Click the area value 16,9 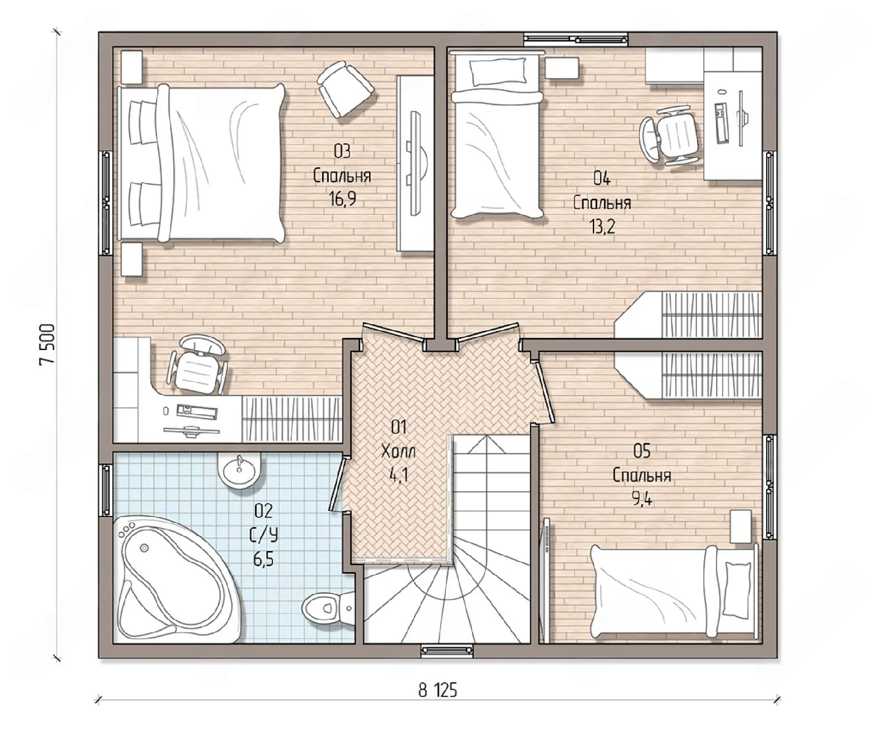pos(343,198)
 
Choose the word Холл pos(398,452)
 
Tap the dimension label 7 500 pos(47,344)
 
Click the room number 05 pos(641,451)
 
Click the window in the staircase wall pos(447,651)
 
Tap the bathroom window pos(106,490)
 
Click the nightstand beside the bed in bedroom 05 pos(741,527)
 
